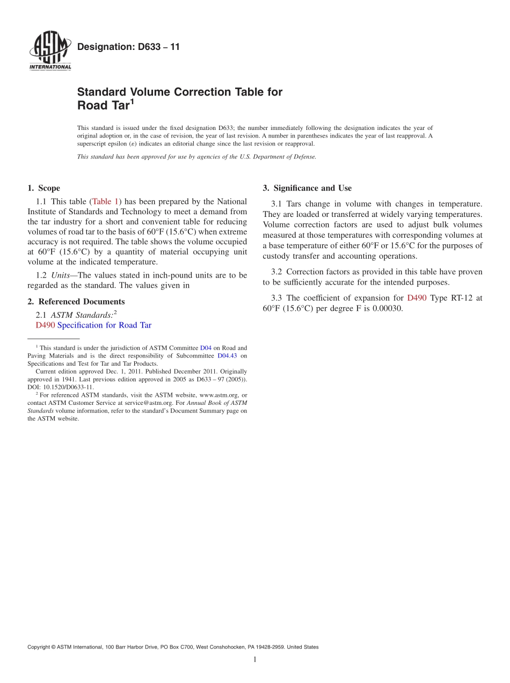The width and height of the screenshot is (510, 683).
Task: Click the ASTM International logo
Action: coord(50,52)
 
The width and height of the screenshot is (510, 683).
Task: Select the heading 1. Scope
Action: coord(43,188)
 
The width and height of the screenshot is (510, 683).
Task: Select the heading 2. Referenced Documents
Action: coord(76,302)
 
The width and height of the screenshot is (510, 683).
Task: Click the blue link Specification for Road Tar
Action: coord(104,325)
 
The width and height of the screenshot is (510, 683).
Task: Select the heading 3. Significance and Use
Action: coord(307,188)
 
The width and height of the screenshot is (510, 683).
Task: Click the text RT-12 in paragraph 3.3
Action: coord(457,298)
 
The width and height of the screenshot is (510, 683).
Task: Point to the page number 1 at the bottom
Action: coord(255,660)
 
